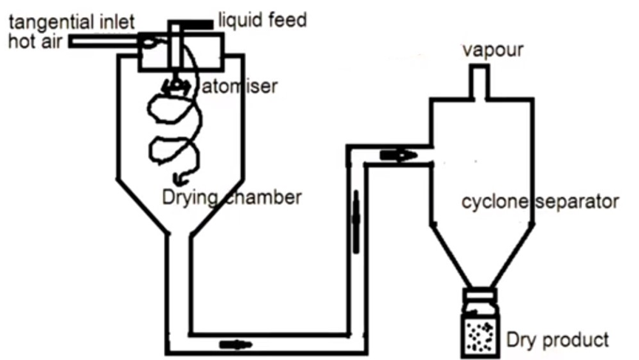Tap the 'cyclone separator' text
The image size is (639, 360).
[539, 201]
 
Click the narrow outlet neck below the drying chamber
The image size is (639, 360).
[180, 281]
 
